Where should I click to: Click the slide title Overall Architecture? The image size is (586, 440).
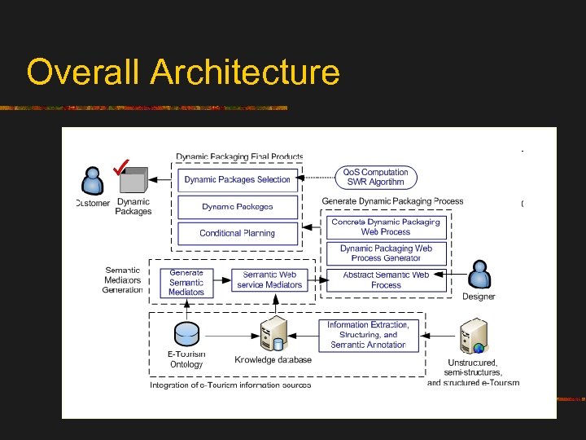click(x=182, y=72)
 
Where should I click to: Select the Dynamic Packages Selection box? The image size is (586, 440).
click(x=237, y=180)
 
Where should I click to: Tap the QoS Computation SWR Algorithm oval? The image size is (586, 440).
click(x=375, y=177)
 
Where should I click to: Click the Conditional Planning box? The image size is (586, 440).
click(x=237, y=233)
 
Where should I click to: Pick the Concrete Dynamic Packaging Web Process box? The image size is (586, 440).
click(x=386, y=227)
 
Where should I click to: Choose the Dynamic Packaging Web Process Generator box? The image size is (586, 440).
click(x=386, y=253)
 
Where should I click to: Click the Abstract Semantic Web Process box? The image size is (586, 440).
click(x=386, y=280)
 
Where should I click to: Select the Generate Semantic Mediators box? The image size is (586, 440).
click(x=186, y=283)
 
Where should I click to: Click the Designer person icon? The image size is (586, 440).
click(x=479, y=275)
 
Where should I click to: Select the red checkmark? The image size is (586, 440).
click(x=122, y=168)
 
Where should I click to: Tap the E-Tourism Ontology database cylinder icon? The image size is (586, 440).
click(x=187, y=334)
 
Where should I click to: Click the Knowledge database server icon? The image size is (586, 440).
click(x=272, y=335)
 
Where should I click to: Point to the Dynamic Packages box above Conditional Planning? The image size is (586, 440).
click(x=237, y=207)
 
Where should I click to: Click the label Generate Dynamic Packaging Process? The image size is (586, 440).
click(x=392, y=201)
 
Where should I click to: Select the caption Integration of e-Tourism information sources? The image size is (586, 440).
click(x=230, y=385)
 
